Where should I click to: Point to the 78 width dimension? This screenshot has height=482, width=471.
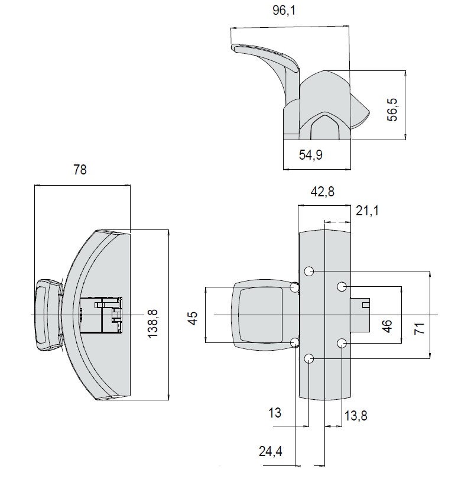click(80, 170)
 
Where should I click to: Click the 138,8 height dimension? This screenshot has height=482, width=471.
click(152, 315)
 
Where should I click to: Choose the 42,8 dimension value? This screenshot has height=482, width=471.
click(323, 192)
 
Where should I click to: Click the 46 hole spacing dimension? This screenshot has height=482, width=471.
click(388, 325)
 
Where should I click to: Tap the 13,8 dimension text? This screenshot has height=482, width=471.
click(356, 416)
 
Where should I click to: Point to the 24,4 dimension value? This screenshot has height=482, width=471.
click(270, 451)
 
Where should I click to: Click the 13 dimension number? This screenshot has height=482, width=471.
click(275, 413)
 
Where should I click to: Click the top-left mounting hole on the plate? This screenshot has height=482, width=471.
click(309, 271)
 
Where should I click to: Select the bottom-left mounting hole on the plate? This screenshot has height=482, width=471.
click(309, 358)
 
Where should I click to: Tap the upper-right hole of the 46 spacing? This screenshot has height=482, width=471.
click(342, 287)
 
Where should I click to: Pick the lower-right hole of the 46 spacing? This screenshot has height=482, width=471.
click(342, 343)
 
